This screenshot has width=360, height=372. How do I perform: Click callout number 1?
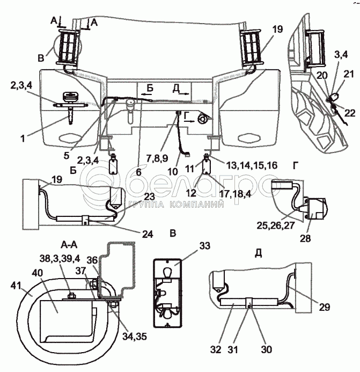pos(23,138)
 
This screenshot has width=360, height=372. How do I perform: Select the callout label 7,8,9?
pos(157,158)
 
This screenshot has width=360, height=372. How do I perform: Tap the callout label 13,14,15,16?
pos(252,165)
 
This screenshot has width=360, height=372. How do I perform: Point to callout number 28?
pos(305,238)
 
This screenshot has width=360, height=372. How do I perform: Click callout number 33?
pos(204,246)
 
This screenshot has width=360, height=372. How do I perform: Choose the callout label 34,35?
pos(135,336)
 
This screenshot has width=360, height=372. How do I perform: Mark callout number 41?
pos(16,286)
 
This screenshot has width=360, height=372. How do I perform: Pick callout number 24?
pos(148,234)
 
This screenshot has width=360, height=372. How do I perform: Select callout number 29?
pos(325,307)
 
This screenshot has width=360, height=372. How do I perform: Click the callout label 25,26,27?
pos(276,225)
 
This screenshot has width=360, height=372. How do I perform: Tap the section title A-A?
pos(69,245)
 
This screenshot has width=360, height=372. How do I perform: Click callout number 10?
pos(173,172)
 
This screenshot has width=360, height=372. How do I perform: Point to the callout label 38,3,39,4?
pos(60,258)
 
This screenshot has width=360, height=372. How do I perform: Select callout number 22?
pos(350,113)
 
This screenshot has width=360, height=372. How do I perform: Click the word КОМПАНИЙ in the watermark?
pos(196,205)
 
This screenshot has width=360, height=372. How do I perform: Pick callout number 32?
pos(216,349)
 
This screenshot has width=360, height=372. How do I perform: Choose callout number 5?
pos(66,156)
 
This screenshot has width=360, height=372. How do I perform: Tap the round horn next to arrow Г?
pos(202,119)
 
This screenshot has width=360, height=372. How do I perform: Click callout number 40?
pos(37,273)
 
